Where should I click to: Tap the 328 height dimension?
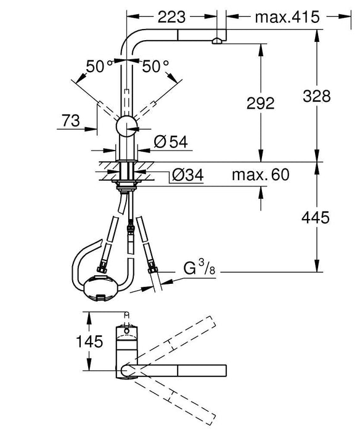pyautogui.click(x=316, y=96)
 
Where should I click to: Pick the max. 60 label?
pyautogui.click(x=260, y=175)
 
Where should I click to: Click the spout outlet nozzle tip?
pyautogui.click(x=216, y=41)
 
